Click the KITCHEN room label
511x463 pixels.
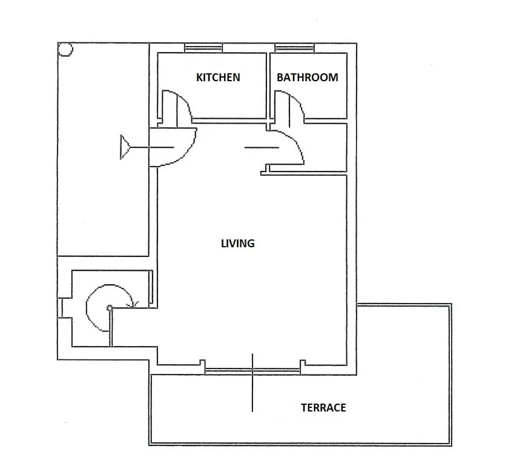coord(218,78)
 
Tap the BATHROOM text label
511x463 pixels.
coord(308,78)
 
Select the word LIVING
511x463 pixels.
coord(237,244)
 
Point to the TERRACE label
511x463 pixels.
coord(323,407)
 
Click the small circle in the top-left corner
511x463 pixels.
coord(65,50)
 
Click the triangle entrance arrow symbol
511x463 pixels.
coord(125,147)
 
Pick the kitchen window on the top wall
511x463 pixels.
coord(203,48)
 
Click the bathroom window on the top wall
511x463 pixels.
coord(294,48)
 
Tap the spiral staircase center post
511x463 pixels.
coord(110,308)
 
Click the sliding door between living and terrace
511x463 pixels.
coord(252,370)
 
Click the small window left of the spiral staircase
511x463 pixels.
coord(61,308)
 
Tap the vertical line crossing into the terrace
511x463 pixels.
coord(252,383)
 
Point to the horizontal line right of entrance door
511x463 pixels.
coord(262,148)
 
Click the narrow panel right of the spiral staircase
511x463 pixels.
coord(151,287)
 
